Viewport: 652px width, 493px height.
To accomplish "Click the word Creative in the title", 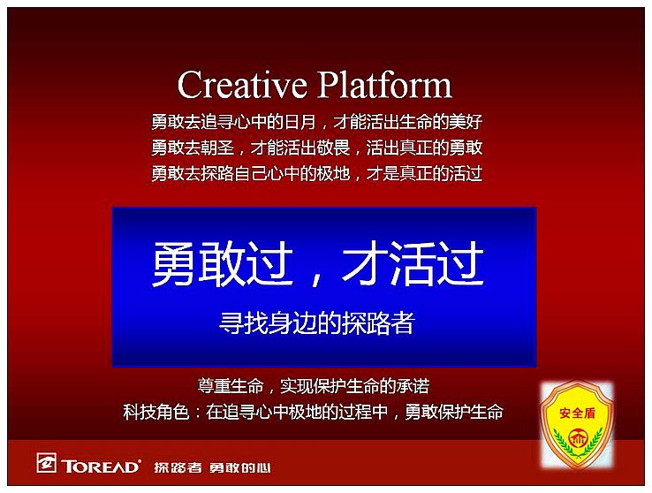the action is click(x=242, y=85).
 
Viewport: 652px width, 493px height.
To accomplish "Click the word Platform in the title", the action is click(x=385, y=85).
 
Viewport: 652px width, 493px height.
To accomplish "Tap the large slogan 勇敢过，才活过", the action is click(x=318, y=263).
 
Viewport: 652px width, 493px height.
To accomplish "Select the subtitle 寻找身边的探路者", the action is click(x=317, y=323).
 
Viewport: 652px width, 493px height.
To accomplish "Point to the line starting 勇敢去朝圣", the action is click(x=317, y=148).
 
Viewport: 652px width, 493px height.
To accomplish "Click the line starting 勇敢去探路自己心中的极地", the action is click(x=317, y=173).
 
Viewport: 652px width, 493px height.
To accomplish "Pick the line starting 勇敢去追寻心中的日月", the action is click(x=317, y=122).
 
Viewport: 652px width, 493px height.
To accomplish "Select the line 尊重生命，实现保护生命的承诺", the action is click(x=314, y=386).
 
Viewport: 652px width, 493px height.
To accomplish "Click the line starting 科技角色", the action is click(x=314, y=412).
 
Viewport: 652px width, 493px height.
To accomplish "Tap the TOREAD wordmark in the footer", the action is click(x=101, y=466).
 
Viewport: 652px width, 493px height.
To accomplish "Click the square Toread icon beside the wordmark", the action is click(x=46, y=463).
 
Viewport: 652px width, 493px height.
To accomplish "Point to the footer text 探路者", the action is click(x=178, y=467).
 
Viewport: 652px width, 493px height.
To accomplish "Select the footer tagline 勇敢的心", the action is click(x=240, y=467).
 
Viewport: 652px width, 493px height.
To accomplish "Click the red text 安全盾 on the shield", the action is click(x=577, y=413).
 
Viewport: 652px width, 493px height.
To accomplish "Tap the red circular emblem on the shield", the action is click(x=577, y=438).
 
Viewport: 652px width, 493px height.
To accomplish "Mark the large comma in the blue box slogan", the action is click(x=317, y=279).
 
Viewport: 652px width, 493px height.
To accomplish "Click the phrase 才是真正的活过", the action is click(x=425, y=173).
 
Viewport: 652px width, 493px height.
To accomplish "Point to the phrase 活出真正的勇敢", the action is click(x=425, y=148).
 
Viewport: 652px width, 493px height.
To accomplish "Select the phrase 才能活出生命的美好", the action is click(x=408, y=122).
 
